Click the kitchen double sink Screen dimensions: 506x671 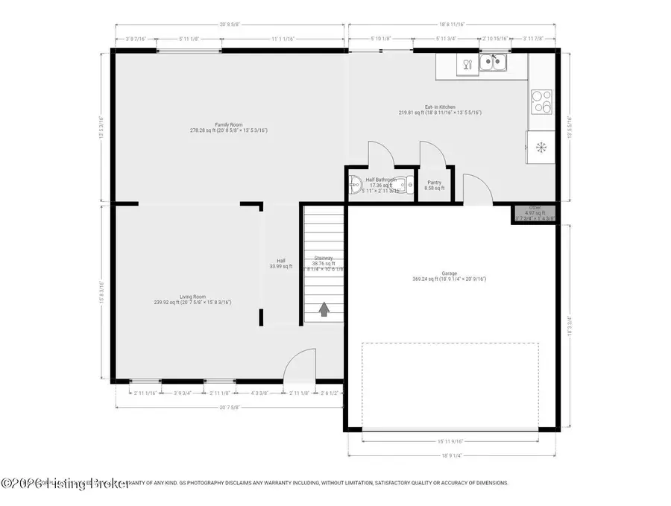coord(492,62)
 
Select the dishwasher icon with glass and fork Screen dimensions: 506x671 coord(467,64)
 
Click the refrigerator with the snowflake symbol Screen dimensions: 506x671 coord(541,146)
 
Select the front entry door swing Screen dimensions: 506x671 coord(298,365)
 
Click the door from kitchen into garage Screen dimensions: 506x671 coord(473,189)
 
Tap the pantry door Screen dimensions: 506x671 coord(432,153)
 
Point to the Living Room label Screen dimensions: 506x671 coord(192,299)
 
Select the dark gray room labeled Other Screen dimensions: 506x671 coord(535,213)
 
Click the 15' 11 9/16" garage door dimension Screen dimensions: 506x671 coord(450,440)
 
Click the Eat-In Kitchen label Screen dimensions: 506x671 coord(440,110)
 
